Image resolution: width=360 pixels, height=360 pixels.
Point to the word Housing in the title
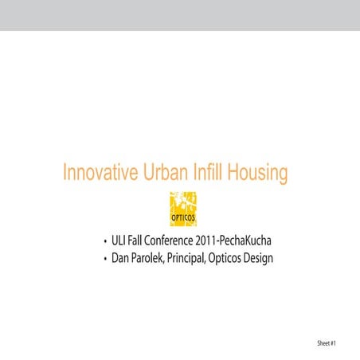(x=256, y=174)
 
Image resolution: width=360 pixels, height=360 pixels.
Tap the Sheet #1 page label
(x=327, y=343)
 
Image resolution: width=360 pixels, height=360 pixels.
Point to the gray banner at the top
(x=180, y=15)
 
